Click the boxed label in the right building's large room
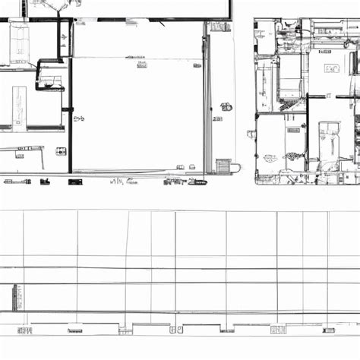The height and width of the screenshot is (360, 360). [x=333, y=68]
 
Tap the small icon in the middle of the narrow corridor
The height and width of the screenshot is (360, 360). [x=225, y=106]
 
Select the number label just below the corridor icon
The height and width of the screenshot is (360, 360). [x=219, y=118]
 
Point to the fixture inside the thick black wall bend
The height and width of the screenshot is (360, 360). [x=52, y=78]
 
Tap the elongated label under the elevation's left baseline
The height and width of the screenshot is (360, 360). [x=74, y=330]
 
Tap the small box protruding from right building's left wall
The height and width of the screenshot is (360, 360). [x=250, y=134]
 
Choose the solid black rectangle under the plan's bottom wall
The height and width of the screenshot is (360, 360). [x=44, y=182]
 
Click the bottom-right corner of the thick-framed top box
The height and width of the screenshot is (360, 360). [x=229, y=17]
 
